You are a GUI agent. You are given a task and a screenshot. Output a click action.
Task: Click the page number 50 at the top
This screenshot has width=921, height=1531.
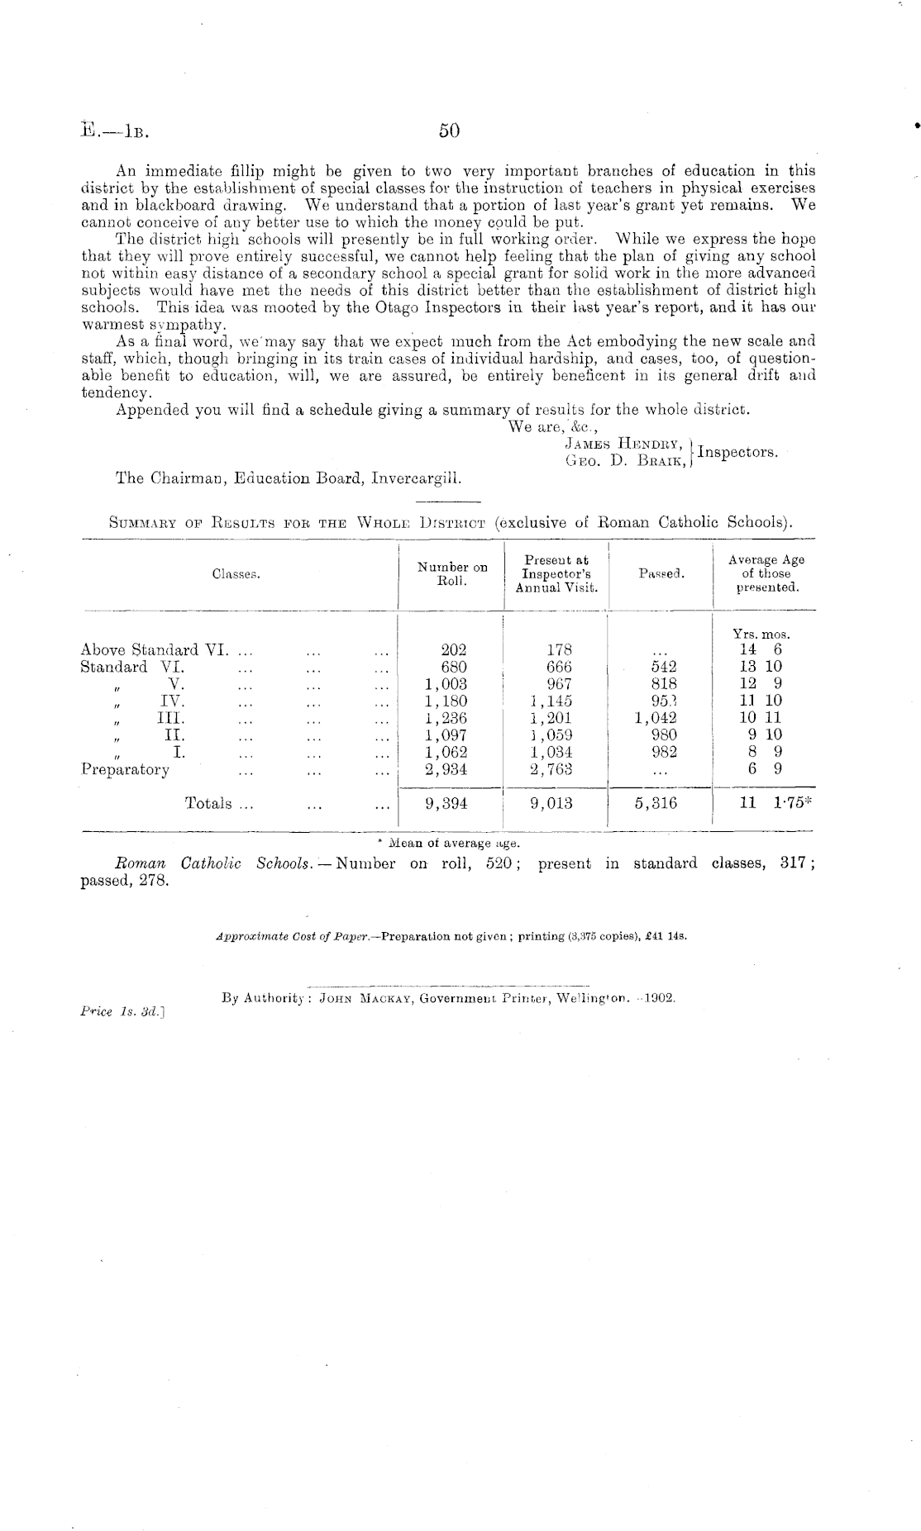[x=449, y=131]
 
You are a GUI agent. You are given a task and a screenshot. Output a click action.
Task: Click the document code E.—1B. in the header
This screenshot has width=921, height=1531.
[x=120, y=131]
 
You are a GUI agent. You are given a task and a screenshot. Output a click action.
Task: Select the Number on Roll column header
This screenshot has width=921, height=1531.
[x=451, y=573]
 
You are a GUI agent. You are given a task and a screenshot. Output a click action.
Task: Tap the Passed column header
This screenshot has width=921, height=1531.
[x=661, y=573]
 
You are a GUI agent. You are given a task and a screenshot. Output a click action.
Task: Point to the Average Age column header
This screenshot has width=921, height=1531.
[x=766, y=573]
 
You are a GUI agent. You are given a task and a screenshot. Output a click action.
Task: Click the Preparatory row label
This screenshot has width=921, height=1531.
[x=125, y=769]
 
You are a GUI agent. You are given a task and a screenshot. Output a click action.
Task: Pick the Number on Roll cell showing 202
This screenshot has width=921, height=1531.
[x=453, y=650]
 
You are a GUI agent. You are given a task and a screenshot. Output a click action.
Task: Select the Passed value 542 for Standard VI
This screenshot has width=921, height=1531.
[x=664, y=667]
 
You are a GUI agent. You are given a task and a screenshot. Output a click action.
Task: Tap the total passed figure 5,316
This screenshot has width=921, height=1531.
[x=659, y=803]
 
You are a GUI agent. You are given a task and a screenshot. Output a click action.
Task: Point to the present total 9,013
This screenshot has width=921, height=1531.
[x=551, y=803]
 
